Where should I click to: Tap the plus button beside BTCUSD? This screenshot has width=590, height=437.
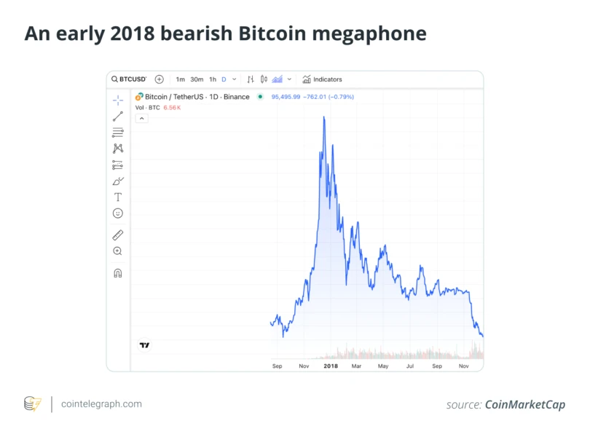coord(160,79)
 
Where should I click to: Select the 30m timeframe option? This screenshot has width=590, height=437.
coord(197,79)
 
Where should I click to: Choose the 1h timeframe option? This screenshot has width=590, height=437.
coord(213,79)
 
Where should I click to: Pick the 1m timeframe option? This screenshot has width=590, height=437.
coord(181,79)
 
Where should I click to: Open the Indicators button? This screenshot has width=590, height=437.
coord(322,79)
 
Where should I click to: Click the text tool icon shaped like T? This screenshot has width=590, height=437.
coord(118,197)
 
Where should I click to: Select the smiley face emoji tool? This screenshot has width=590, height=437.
coord(118,213)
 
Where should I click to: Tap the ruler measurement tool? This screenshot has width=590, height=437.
coord(118,235)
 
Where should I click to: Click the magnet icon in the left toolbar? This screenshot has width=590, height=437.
coord(118,273)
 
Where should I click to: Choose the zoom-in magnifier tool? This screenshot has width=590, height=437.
coord(118,251)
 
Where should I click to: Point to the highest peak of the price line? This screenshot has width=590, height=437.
coord(323,117)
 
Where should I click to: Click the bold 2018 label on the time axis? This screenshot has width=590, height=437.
coord(331,366)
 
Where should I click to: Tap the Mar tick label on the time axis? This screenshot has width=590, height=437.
coord(356,366)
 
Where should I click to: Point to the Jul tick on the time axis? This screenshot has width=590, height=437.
coord(410,366)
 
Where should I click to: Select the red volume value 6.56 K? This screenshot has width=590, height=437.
coord(171,108)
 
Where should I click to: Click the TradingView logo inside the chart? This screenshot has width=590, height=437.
coord(144,345)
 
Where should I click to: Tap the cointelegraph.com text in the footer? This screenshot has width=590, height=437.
coord(102,404)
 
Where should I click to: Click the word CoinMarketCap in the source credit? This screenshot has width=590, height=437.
coord(524,405)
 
